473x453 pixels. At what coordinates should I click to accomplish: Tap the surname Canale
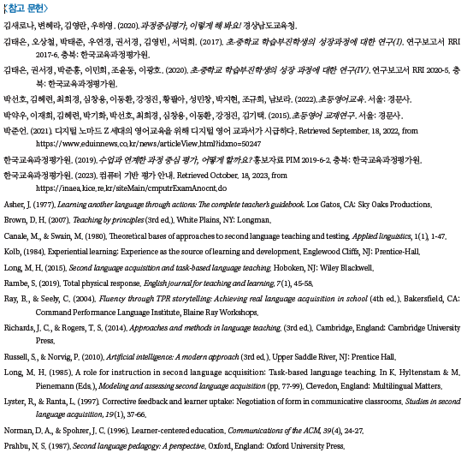click(18, 235)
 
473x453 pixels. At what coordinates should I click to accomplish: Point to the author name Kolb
click(14, 251)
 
